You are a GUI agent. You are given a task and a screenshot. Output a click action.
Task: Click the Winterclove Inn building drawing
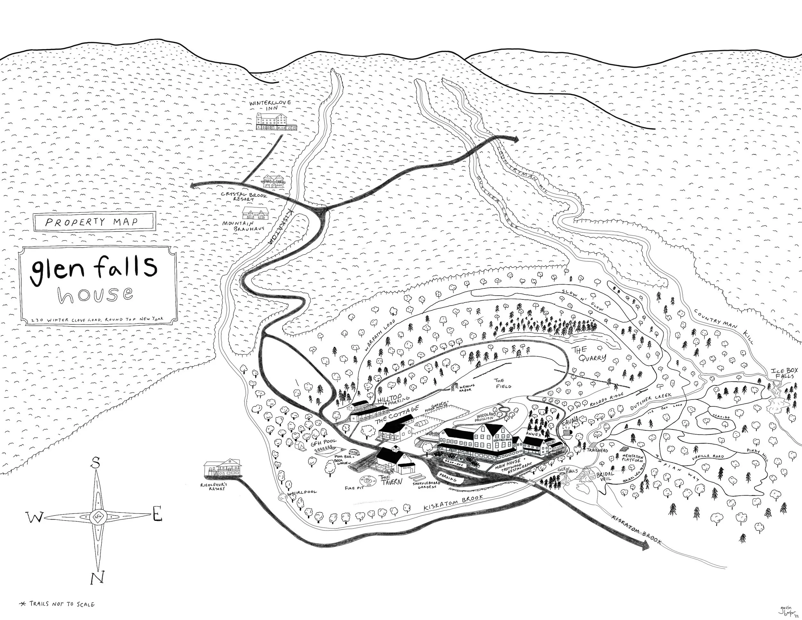[276, 121]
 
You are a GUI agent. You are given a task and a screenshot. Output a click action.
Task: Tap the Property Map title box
[93, 222]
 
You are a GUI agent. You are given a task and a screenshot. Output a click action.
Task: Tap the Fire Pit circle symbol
[367, 480]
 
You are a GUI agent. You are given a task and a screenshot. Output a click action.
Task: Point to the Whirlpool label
[302, 492]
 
